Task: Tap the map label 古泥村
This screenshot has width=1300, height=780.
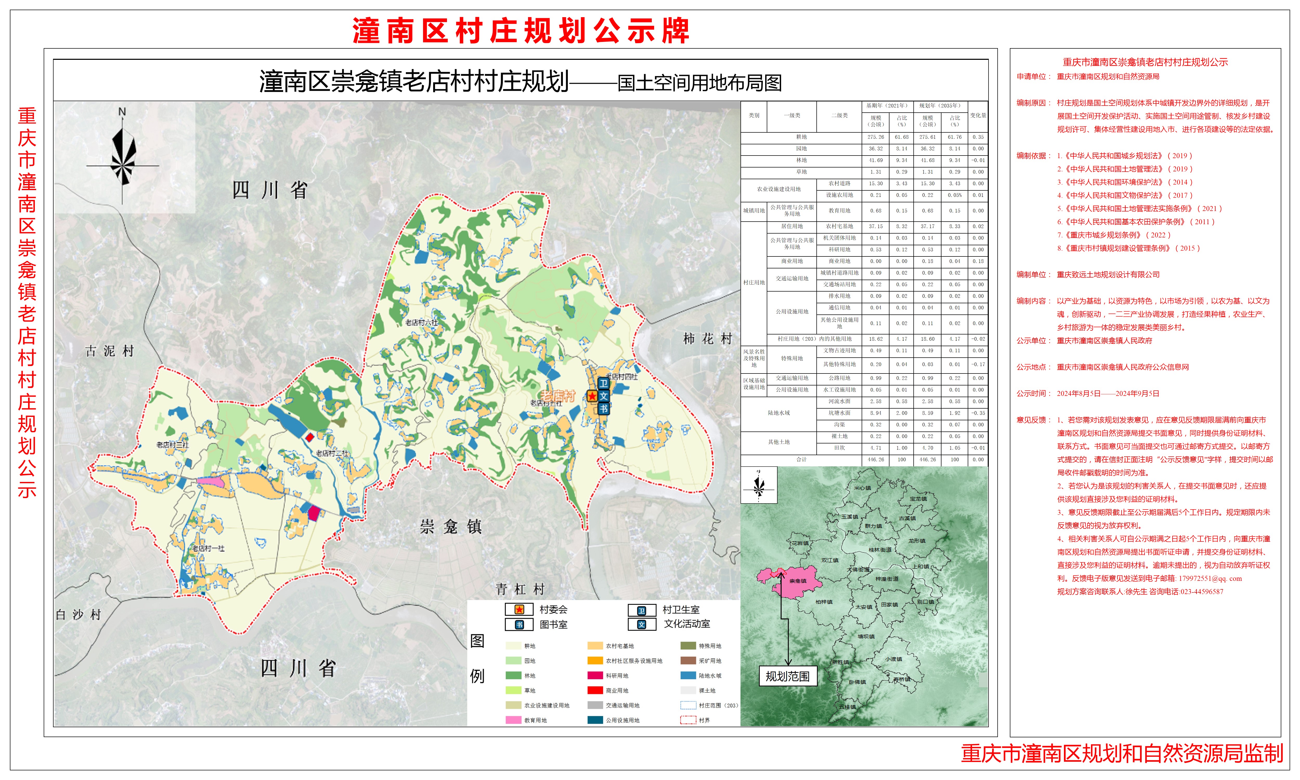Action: click(x=110, y=351)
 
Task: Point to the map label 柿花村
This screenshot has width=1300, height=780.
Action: click(x=707, y=339)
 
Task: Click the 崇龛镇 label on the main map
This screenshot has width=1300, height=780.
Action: click(x=451, y=527)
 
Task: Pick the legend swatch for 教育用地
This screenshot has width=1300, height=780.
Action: click(x=513, y=720)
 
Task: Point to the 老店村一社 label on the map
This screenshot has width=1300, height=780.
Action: click(x=208, y=548)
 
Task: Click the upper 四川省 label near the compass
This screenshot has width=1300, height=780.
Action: click(x=270, y=190)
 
